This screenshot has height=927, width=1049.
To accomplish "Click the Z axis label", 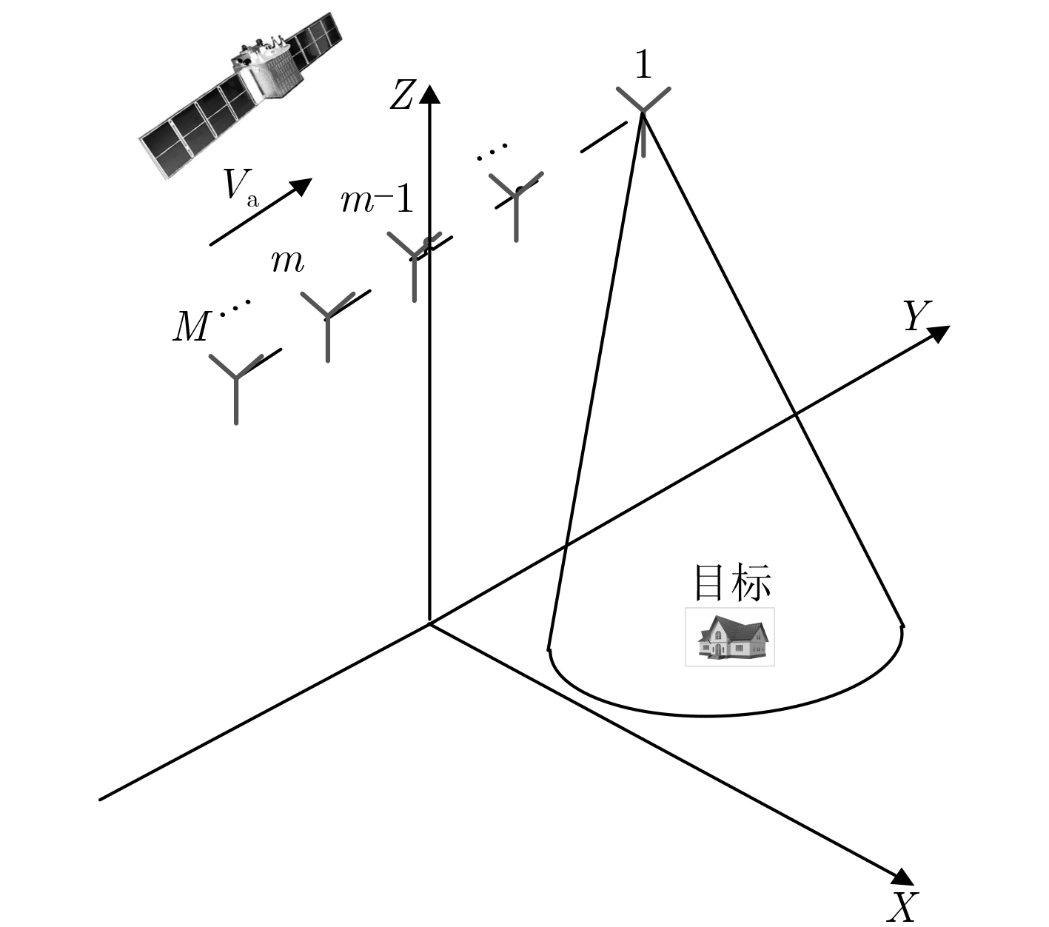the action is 402,95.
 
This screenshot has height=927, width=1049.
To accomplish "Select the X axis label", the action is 902,908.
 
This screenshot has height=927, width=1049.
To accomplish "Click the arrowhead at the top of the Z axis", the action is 429,94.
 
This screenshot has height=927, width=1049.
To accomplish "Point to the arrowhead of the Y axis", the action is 939,333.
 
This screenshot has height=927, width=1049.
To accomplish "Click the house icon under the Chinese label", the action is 729,637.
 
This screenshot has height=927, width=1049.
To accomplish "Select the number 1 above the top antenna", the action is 643,65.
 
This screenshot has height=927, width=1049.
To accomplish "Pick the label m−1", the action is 378,200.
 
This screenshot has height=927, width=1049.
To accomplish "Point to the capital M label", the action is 190,327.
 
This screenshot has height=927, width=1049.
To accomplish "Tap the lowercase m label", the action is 287,263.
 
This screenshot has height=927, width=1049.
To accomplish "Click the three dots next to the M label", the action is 235,307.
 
